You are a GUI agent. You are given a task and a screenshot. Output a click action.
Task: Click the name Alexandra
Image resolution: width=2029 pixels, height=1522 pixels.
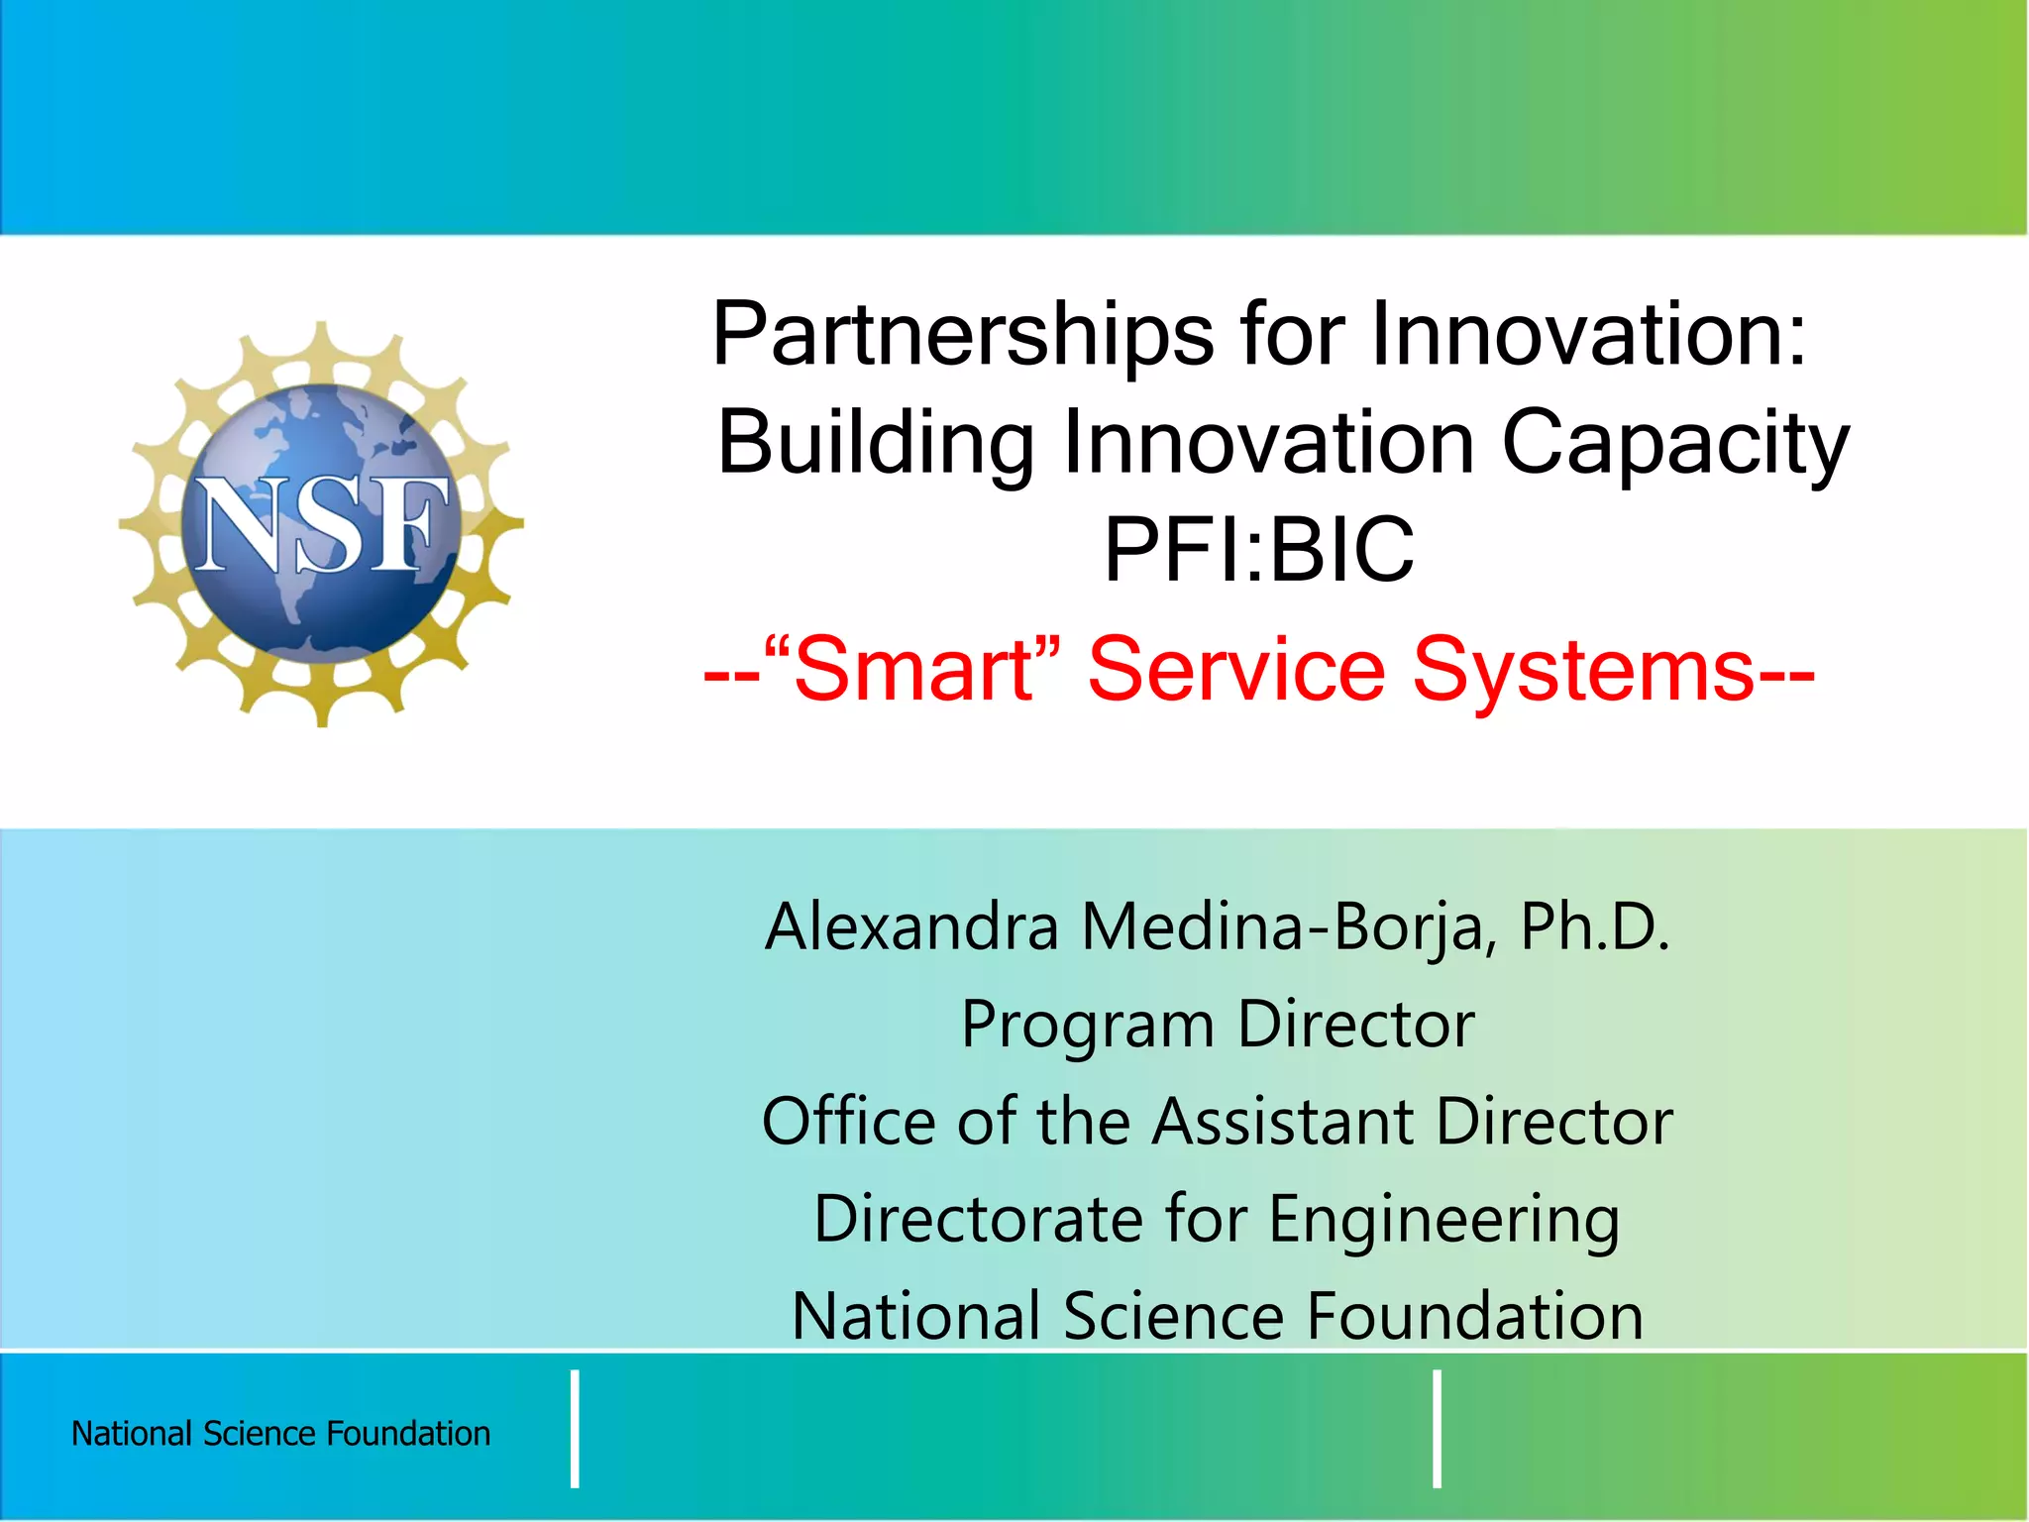point(911,927)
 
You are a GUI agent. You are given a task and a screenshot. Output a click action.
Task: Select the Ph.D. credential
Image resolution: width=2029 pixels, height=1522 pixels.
point(1595,927)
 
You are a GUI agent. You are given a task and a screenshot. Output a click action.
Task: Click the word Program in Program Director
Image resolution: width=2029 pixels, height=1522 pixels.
point(1088,1027)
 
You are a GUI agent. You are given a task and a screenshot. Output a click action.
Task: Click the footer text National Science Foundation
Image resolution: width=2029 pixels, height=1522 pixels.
point(281,1434)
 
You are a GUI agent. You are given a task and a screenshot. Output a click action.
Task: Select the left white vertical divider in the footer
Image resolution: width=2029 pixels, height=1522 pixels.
point(575,1429)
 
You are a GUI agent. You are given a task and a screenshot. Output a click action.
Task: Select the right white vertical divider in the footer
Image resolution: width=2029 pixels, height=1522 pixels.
point(1437,1429)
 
